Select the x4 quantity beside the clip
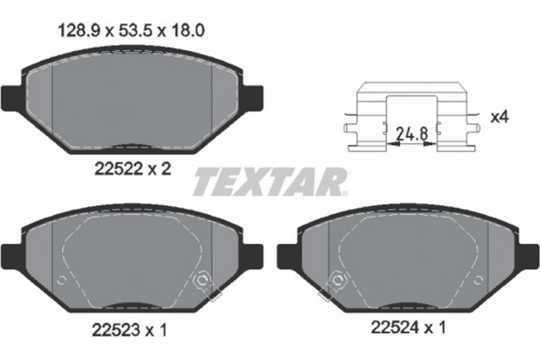tap(497, 116)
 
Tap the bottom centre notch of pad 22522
tap(133, 144)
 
